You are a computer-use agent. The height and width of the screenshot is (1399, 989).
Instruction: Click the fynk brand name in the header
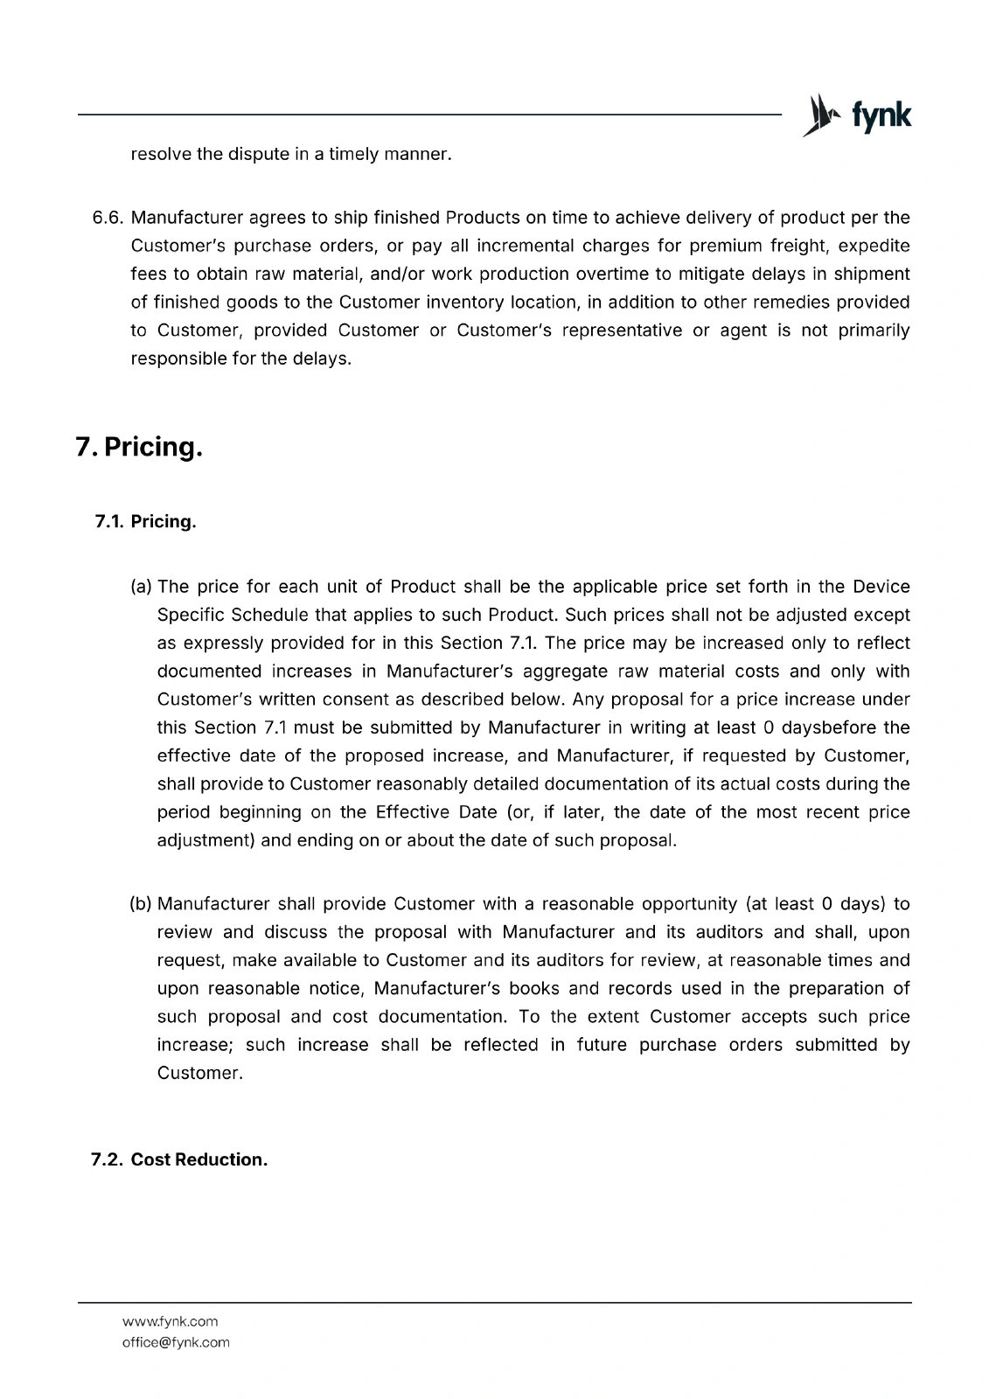pos(881,116)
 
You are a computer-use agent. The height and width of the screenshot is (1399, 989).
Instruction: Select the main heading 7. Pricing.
pos(140,447)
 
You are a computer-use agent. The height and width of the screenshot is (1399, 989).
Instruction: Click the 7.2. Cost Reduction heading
pos(179,1159)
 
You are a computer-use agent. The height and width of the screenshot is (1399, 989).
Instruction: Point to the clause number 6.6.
pos(109,218)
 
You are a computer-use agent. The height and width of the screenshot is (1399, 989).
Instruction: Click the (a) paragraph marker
pos(141,587)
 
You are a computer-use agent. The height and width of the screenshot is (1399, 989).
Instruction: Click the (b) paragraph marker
pos(141,903)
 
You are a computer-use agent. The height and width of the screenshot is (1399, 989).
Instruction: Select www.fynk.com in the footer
pos(170,1321)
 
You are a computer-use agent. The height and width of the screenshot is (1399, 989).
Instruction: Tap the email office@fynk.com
pos(176,1342)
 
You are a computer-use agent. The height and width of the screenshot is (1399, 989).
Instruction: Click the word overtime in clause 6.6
pos(613,275)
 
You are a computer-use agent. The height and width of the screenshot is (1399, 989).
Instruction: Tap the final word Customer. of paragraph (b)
pos(199,1073)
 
